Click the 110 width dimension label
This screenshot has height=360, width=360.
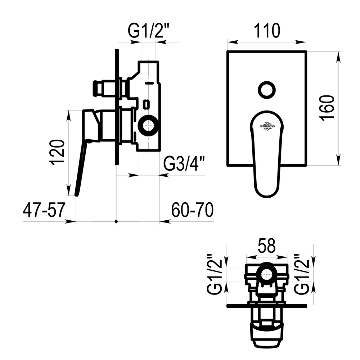(x=267, y=31)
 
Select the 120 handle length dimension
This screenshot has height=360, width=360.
(x=57, y=152)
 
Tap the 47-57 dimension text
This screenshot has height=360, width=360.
(x=44, y=210)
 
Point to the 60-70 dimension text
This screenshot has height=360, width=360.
(x=192, y=210)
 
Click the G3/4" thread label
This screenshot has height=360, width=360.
(x=184, y=163)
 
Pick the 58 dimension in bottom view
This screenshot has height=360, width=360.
(x=266, y=246)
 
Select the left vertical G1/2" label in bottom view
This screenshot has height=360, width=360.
(x=215, y=274)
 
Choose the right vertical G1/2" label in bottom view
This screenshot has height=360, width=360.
(x=302, y=274)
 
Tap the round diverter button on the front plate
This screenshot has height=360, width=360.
(x=267, y=90)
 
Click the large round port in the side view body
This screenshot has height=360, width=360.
(x=149, y=126)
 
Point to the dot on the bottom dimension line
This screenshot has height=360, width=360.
(x=116, y=221)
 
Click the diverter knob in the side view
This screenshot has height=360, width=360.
(x=98, y=89)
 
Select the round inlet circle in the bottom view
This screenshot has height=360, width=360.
(x=266, y=274)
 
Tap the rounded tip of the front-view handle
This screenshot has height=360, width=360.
(x=266, y=197)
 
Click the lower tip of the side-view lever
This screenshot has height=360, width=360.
(x=77, y=195)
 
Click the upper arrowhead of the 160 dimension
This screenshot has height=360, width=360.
(x=338, y=57)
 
